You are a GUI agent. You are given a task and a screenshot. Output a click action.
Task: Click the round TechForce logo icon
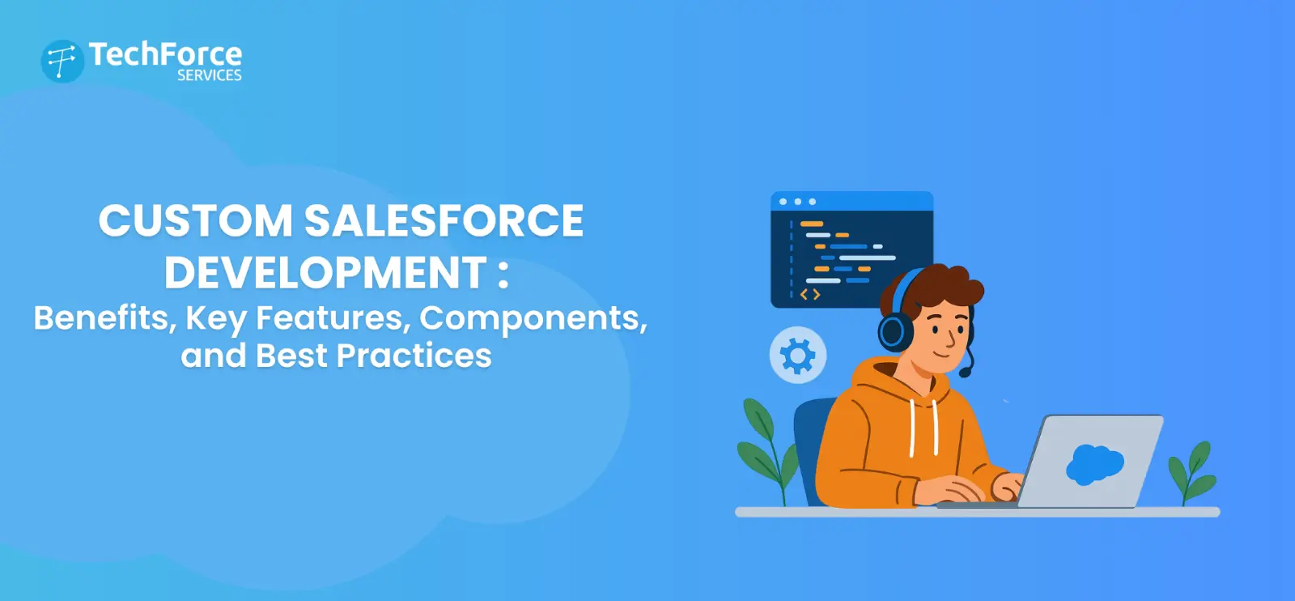[x=62, y=62]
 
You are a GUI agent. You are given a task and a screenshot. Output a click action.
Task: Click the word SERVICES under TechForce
[x=209, y=75]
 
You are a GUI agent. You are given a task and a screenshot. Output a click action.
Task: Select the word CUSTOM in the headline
[x=195, y=221]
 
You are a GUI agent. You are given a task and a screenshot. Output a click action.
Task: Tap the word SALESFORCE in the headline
[x=444, y=221]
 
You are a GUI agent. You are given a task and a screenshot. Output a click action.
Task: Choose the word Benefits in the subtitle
[x=101, y=318]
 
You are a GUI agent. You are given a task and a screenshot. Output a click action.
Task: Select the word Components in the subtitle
[x=530, y=318]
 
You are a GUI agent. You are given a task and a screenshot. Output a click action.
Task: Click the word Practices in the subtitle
[x=414, y=356]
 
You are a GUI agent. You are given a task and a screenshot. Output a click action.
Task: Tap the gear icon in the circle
[x=797, y=356]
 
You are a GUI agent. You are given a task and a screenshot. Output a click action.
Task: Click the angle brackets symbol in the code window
[x=810, y=294]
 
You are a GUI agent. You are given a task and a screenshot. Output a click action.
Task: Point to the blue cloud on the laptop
[x=1094, y=464]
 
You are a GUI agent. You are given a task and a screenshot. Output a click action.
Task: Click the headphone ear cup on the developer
[x=895, y=331]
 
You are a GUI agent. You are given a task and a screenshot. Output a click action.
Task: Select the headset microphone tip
[x=965, y=373]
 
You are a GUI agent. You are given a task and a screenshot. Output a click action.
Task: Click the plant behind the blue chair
[x=764, y=445]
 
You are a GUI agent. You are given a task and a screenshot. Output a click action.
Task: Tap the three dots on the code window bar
[x=797, y=202]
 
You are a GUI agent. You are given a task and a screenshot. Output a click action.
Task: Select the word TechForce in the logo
[x=165, y=54]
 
